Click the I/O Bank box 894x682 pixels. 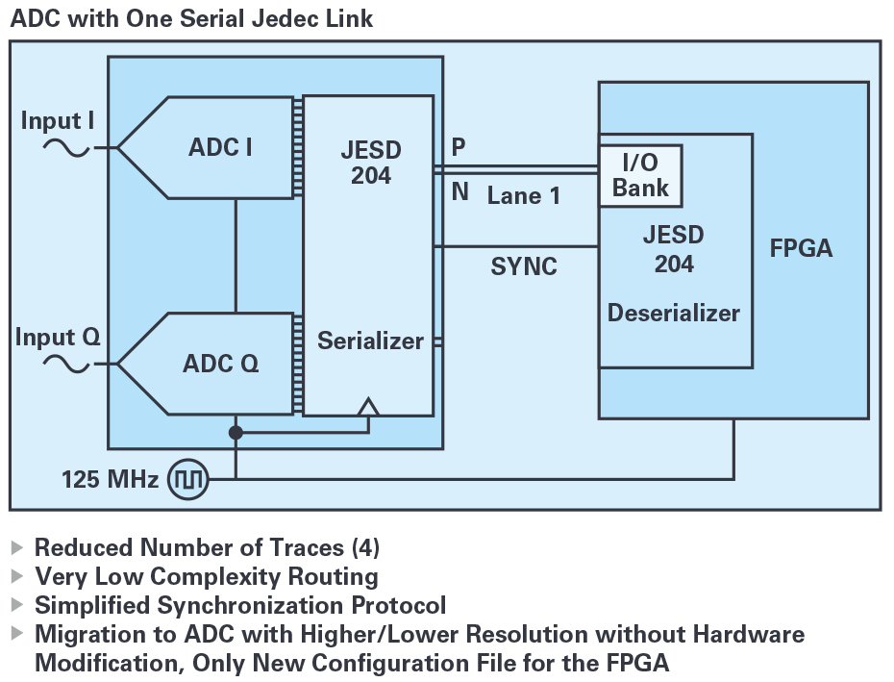tap(640, 176)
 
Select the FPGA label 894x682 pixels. tap(801, 249)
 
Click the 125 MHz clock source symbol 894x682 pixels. tap(188, 478)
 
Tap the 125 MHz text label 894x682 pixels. tap(110, 478)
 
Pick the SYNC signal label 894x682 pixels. tap(524, 266)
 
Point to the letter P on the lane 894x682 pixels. tap(459, 147)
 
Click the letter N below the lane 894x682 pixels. tap(460, 192)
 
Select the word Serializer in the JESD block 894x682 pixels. tap(370, 341)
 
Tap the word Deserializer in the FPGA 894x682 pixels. tap(674, 314)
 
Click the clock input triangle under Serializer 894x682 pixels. tap(368, 407)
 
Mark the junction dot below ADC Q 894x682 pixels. tap(236, 433)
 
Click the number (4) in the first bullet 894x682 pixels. tap(365, 548)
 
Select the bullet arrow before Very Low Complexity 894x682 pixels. tap(16, 576)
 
